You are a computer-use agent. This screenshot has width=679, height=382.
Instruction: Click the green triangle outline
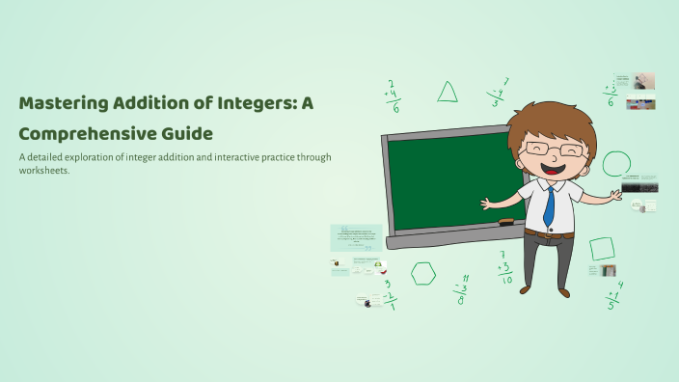(448, 93)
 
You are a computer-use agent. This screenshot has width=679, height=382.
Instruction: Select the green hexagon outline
(422, 273)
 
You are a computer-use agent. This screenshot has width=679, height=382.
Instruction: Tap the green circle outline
(616, 164)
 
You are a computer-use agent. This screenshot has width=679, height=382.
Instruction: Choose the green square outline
(602, 249)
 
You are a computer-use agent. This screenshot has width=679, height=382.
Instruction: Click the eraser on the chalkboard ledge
(505, 222)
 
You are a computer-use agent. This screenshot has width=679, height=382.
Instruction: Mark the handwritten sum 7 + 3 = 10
(504, 267)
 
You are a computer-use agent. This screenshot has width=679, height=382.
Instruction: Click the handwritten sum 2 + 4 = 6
(393, 95)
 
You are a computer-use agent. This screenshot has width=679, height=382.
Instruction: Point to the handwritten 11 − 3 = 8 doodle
(462, 288)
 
